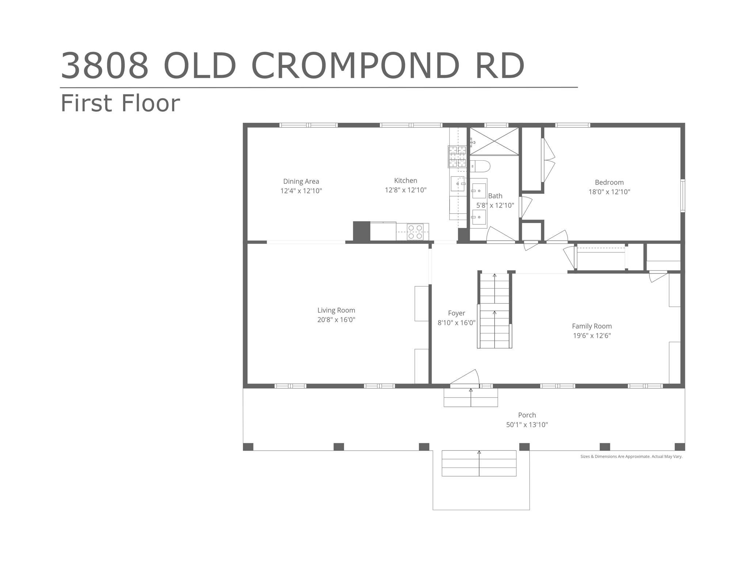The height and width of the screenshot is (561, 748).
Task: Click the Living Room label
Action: [336, 310]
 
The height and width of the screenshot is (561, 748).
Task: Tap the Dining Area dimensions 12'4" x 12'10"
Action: [301, 191]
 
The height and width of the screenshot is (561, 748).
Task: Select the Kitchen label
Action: [405, 180]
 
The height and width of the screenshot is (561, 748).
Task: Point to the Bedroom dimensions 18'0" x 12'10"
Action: [609, 192]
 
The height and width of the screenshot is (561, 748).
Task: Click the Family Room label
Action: [592, 326]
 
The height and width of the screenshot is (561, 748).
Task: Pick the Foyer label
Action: [457, 313]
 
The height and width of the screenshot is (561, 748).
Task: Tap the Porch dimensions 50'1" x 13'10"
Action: [527, 424]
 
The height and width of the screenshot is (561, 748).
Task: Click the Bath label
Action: [495, 196]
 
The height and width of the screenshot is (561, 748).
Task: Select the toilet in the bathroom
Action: [480, 166]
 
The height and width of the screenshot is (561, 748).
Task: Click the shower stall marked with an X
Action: [494, 141]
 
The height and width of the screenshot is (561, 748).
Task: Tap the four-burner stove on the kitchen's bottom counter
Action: [415, 232]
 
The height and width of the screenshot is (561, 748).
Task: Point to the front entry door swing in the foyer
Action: [465, 377]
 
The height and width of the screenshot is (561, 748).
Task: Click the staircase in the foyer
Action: [495, 310]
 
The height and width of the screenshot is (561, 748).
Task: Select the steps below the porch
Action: [479, 463]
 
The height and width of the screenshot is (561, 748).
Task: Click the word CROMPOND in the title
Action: [355, 66]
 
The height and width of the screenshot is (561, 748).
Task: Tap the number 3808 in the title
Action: [105, 66]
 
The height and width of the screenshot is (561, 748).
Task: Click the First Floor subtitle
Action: [120, 103]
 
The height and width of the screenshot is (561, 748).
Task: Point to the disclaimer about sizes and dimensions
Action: [631, 457]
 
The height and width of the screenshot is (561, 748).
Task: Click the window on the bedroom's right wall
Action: [683, 196]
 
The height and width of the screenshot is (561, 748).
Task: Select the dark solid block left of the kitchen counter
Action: [362, 231]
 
